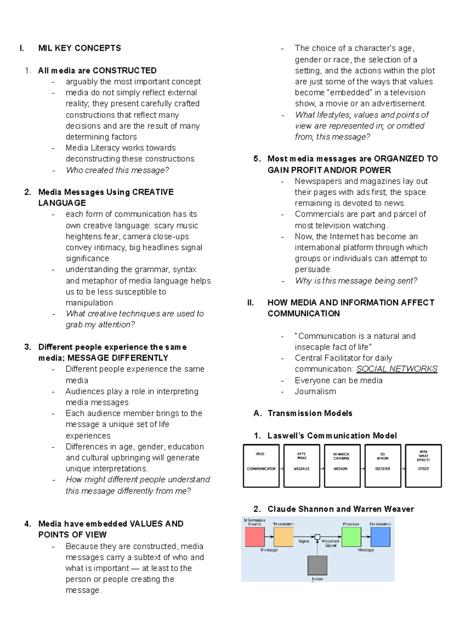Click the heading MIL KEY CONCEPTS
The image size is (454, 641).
click(x=79, y=48)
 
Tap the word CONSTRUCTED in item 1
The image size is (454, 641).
click(x=124, y=71)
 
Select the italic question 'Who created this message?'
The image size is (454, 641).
click(x=117, y=170)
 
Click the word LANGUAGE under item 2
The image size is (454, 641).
click(x=62, y=203)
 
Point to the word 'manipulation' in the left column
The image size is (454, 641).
click(x=89, y=303)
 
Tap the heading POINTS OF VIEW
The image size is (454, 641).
click(x=72, y=534)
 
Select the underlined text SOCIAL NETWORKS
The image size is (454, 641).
click(x=396, y=369)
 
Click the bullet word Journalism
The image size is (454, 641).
click(x=315, y=391)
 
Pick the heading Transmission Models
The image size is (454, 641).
click(x=310, y=413)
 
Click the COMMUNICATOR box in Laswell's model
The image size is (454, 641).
click(x=261, y=466)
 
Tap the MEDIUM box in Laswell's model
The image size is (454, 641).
click(x=342, y=466)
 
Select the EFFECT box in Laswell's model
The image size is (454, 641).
click(x=423, y=466)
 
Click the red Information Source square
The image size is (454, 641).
click(x=255, y=537)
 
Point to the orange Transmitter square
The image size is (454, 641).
click(x=283, y=537)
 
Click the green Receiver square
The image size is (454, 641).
click(x=351, y=537)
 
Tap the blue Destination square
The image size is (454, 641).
click(x=380, y=537)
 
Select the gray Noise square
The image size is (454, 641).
click(x=317, y=565)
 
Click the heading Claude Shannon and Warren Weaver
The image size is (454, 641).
click(x=340, y=509)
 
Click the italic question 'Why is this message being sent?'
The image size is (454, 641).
click(x=356, y=281)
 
